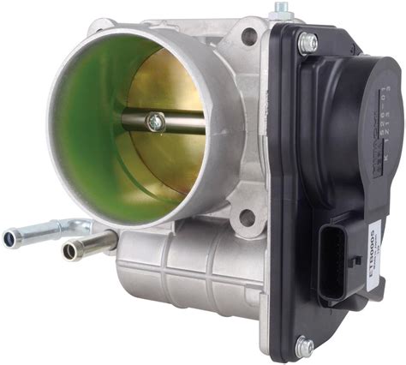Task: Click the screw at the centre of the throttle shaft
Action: coord(155,122)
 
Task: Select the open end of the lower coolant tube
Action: coord(69,253)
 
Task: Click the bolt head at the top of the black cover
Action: coord(307,41)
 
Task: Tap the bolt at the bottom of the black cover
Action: coord(304,346)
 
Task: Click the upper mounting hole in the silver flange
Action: coord(248,37)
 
